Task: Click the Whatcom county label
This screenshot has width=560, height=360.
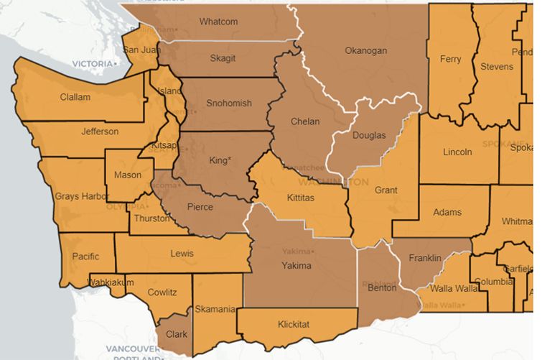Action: tap(218, 22)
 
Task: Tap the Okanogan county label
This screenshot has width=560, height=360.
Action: tap(365, 51)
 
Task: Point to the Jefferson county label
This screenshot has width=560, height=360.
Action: tap(100, 131)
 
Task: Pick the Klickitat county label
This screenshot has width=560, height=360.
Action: tap(294, 325)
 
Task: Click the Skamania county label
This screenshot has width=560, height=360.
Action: tap(215, 310)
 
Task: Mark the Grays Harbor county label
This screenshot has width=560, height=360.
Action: tap(82, 196)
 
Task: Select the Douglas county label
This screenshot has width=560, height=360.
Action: tap(369, 135)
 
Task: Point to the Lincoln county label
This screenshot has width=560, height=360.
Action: tap(457, 152)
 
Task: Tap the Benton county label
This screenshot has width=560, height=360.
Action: tap(381, 288)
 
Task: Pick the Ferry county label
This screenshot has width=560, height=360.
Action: tap(450, 59)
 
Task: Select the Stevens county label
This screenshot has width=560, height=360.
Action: tap(498, 66)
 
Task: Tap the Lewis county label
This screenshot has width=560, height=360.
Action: tap(182, 254)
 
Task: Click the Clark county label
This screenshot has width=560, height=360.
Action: tap(176, 334)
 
